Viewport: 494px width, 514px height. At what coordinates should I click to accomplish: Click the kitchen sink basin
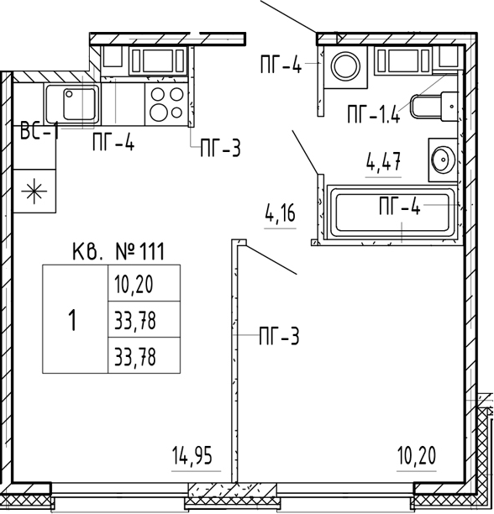[80, 103]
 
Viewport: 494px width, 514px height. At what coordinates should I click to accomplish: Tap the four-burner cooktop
[166, 103]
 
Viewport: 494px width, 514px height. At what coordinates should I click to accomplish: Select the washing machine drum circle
[345, 66]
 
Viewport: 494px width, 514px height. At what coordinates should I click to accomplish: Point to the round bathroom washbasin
[443, 160]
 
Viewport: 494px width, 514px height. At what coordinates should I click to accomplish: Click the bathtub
[392, 212]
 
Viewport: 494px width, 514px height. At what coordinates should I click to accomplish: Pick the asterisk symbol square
[34, 191]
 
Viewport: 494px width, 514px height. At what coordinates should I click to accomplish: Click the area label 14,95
[192, 456]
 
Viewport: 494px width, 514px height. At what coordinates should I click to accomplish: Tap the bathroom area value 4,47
[384, 161]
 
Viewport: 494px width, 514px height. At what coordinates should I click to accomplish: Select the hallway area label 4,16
[280, 213]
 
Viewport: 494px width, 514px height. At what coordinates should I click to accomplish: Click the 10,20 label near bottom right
[417, 456]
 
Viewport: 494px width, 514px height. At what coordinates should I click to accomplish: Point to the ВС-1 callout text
[39, 130]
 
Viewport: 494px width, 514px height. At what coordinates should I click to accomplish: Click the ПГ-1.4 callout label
[374, 114]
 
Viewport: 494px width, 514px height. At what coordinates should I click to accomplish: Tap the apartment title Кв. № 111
[118, 251]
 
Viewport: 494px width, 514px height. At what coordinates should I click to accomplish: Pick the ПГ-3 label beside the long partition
[279, 335]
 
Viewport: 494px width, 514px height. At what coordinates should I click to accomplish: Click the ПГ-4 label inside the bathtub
[400, 206]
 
